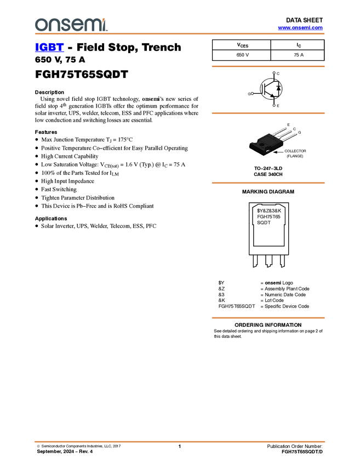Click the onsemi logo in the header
[70, 25]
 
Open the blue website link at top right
[300, 27]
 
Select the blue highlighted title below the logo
[49, 48]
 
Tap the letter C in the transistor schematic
[278, 73]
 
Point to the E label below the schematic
[278, 106]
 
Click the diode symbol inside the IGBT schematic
[278, 87]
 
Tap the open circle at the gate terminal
[252, 93]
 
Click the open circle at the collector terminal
[274, 72]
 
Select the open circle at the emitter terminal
[274, 105]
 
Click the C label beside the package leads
[294, 129]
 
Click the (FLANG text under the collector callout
[293, 156]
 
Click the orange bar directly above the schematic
[268, 66]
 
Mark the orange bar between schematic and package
[268, 113]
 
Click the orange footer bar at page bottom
[179, 441]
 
